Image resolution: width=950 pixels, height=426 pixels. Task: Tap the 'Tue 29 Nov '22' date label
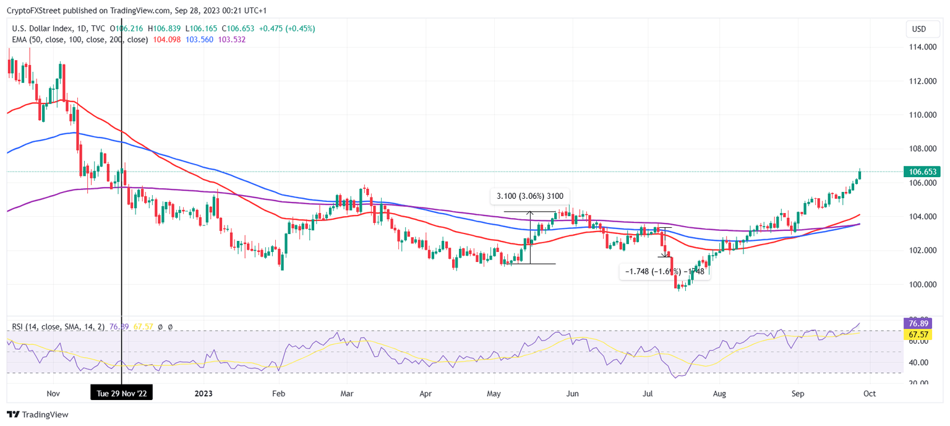click(x=121, y=393)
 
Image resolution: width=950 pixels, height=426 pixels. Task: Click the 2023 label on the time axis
click(x=203, y=393)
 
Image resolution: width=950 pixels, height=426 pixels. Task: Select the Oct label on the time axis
click(x=869, y=393)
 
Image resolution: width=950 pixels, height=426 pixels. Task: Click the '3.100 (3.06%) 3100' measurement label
click(x=528, y=196)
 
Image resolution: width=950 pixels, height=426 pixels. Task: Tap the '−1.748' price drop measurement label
click(x=665, y=271)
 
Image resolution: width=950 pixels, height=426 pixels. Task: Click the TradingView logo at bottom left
click(x=38, y=414)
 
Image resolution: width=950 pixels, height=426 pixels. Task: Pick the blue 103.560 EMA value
click(x=200, y=40)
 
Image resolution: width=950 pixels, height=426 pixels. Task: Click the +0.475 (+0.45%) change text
click(x=286, y=28)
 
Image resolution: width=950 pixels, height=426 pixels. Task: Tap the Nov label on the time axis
click(x=53, y=393)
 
